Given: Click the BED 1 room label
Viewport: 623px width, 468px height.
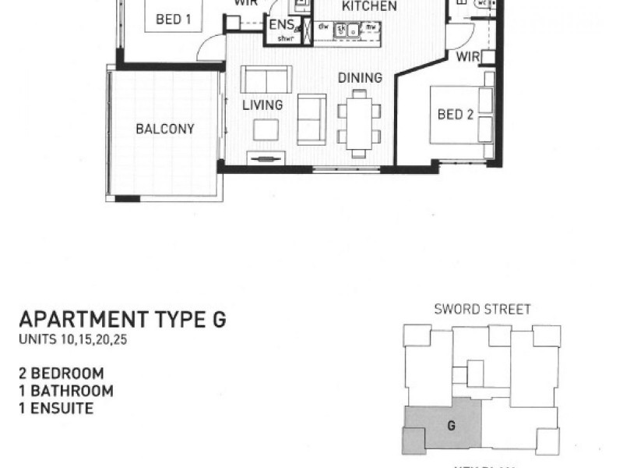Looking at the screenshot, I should click(x=174, y=20).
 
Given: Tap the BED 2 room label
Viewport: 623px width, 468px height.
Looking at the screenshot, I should click(x=456, y=115).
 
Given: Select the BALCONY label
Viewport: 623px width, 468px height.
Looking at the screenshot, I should click(x=164, y=129).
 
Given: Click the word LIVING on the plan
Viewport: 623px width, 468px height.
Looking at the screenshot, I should click(x=262, y=105).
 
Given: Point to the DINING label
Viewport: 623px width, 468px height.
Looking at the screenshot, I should click(x=360, y=78).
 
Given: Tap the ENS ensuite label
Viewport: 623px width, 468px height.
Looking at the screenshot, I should click(x=280, y=24).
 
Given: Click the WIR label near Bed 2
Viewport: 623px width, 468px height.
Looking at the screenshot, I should click(x=467, y=56).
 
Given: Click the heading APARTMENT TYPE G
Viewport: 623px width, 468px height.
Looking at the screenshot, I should click(x=122, y=320).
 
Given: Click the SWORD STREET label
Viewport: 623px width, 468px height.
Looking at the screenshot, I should click(x=482, y=310).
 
